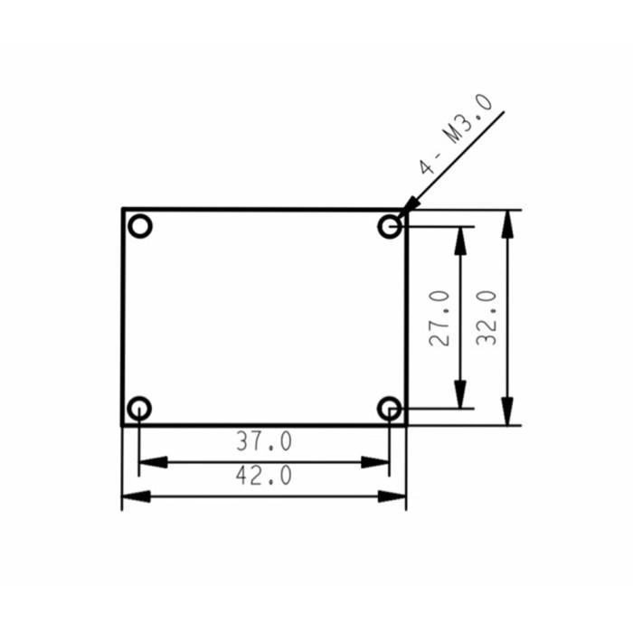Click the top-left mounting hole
(139, 226)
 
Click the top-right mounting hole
(389, 226)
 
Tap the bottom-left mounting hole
(139, 408)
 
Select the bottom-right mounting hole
(389, 408)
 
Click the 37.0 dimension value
(264, 442)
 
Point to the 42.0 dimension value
(264, 476)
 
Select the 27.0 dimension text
(439, 317)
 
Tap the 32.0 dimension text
(487, 317)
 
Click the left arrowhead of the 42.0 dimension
(135, 496)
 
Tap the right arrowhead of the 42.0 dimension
(393, 496)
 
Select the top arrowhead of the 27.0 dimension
(461, 238)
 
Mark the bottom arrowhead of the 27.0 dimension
(461, 396)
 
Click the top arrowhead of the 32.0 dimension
(509, 222)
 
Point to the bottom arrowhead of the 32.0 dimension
(509, 412)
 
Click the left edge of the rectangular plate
(122, 316)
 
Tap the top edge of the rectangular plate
(262, 209)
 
